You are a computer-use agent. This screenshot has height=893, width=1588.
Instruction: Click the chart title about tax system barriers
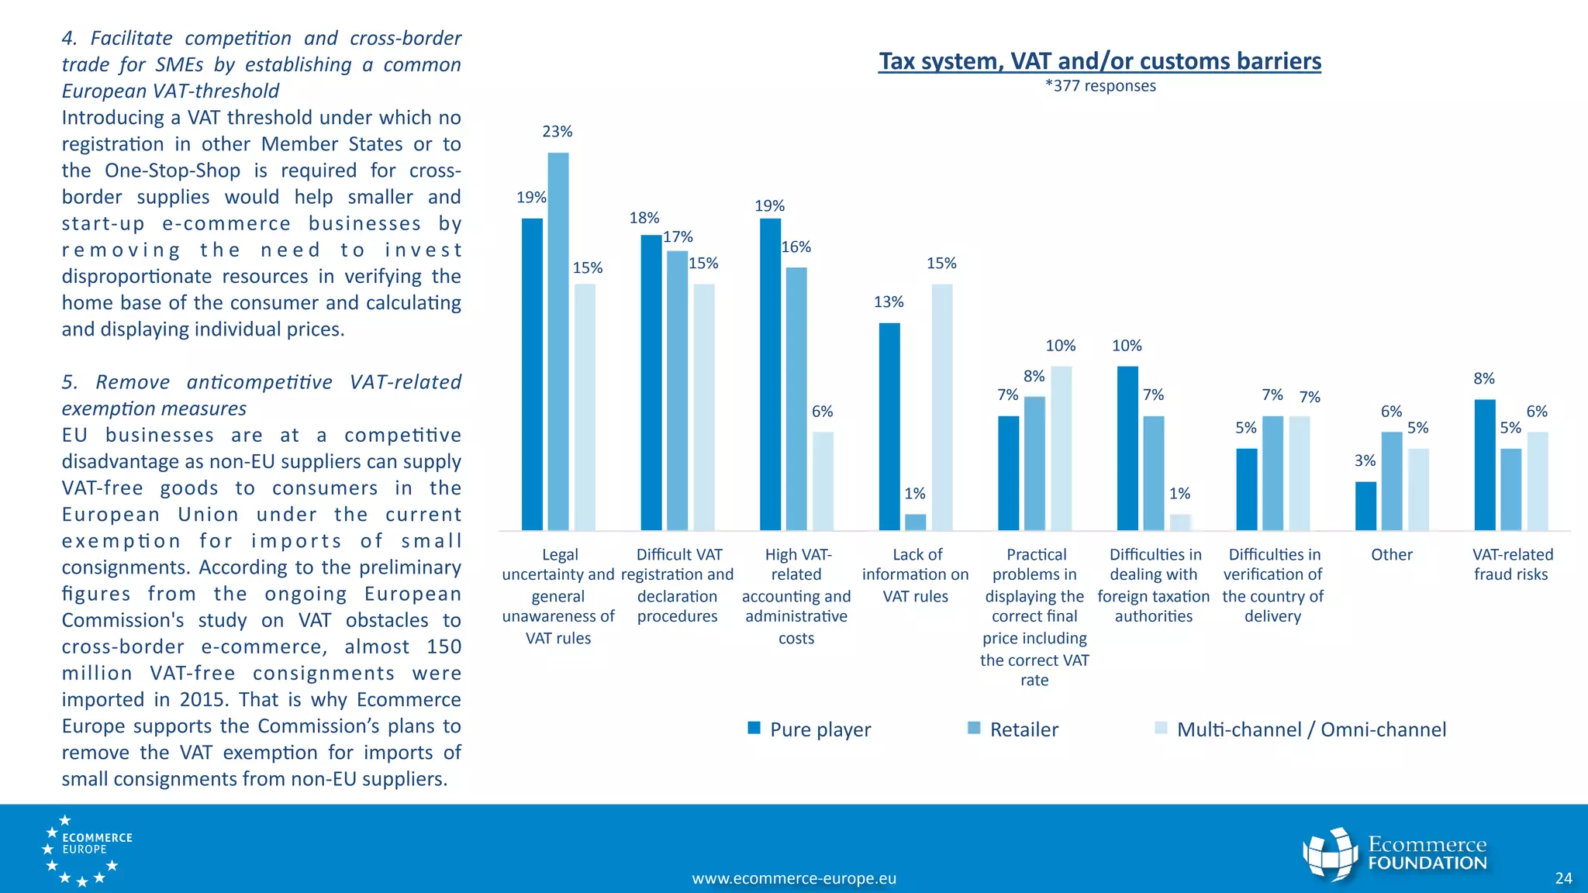(1100, 61)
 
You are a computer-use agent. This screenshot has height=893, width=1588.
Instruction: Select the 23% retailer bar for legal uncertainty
(558, 341)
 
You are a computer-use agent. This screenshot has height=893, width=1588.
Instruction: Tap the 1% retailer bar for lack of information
(915, 522)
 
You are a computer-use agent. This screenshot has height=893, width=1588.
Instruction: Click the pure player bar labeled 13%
(889, 426)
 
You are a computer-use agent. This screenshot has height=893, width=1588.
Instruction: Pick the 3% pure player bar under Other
(1365, 505)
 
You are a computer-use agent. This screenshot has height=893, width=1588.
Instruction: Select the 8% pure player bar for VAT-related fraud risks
(1484, 464)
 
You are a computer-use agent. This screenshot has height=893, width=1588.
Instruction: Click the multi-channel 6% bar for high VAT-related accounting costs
(823, 481)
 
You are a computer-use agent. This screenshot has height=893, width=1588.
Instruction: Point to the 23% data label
(557, 132)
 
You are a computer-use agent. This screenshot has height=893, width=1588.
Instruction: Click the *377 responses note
(1100, 86)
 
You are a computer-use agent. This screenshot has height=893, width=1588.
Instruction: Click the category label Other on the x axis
(1391, 555)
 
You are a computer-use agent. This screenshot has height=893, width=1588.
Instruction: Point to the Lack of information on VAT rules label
(916, 575)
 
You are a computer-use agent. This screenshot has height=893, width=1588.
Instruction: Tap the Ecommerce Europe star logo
(86, 850)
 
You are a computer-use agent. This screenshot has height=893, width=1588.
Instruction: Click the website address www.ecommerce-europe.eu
(793, 878)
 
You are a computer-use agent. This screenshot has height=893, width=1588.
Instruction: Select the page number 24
(1563, 878)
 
